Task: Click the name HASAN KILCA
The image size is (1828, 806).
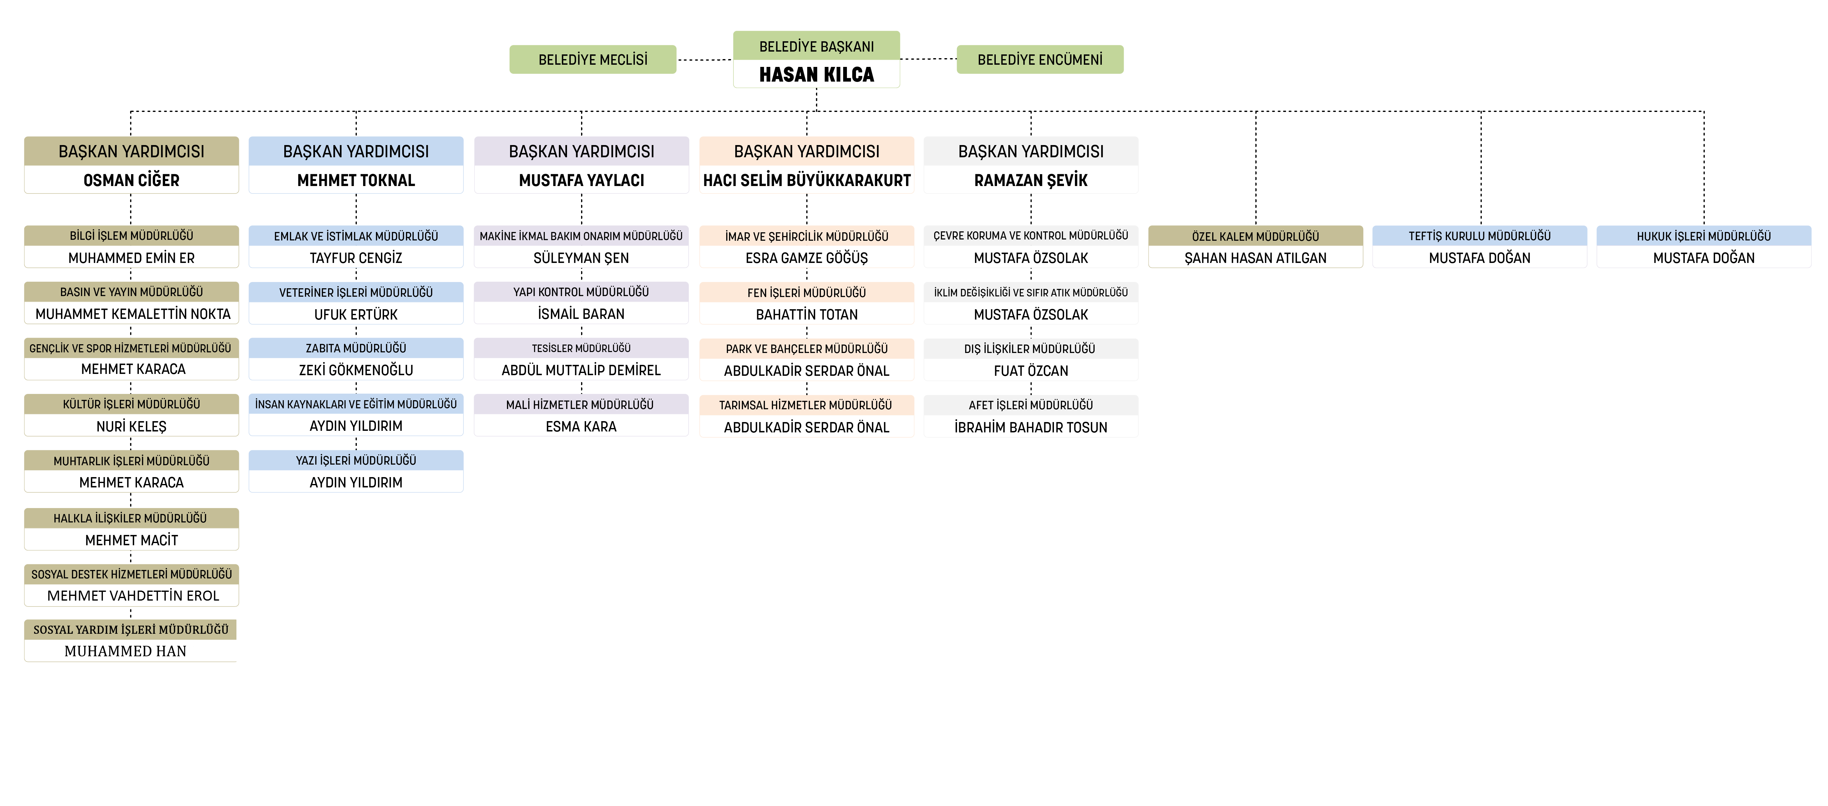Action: pos(816,74)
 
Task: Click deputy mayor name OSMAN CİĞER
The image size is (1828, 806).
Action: pos(131,180)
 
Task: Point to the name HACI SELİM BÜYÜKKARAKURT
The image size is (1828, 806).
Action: pos(807,180)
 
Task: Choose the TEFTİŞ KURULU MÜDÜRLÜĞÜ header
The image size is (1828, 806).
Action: pos(1480,235)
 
